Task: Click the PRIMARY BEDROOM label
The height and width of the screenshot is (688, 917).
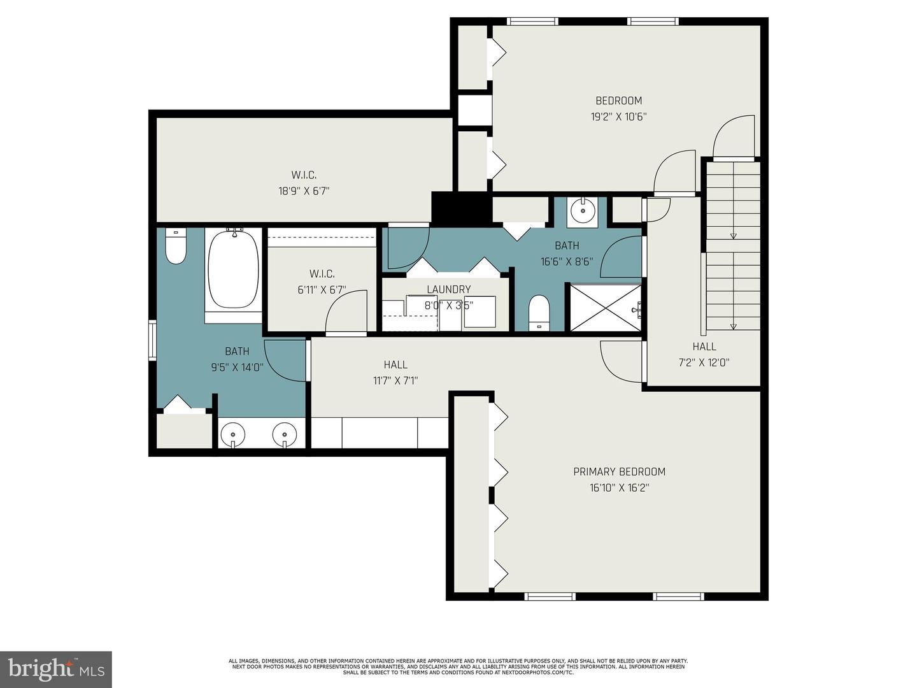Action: [619, 471]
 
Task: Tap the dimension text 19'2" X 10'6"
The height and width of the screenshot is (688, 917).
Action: [618, 117]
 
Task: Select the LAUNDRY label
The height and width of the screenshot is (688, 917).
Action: [448, 289]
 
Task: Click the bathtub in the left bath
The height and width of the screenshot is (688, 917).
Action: [233, 269]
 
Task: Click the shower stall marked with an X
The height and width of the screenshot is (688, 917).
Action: [605, 308]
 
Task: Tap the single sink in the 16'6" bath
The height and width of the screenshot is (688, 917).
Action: [582, 210]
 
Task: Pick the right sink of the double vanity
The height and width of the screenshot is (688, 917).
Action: [285, 435]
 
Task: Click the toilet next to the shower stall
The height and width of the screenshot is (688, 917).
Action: [539, 312]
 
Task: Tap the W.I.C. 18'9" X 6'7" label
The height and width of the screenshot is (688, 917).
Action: [304, 183]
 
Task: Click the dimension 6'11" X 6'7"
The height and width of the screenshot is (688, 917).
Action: [322, 290]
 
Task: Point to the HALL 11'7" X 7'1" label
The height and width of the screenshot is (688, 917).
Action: [395, 373]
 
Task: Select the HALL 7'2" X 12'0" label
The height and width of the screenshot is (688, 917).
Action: [704, 354]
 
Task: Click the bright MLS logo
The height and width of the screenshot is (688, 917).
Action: [56, 669]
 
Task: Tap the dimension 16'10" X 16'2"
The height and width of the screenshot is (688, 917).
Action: [619, 488]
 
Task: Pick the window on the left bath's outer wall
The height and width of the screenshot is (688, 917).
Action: [152, 340]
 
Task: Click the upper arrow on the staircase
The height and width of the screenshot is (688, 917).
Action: [733, 235]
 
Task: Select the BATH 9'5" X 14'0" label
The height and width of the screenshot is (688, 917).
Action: [237, 359]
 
